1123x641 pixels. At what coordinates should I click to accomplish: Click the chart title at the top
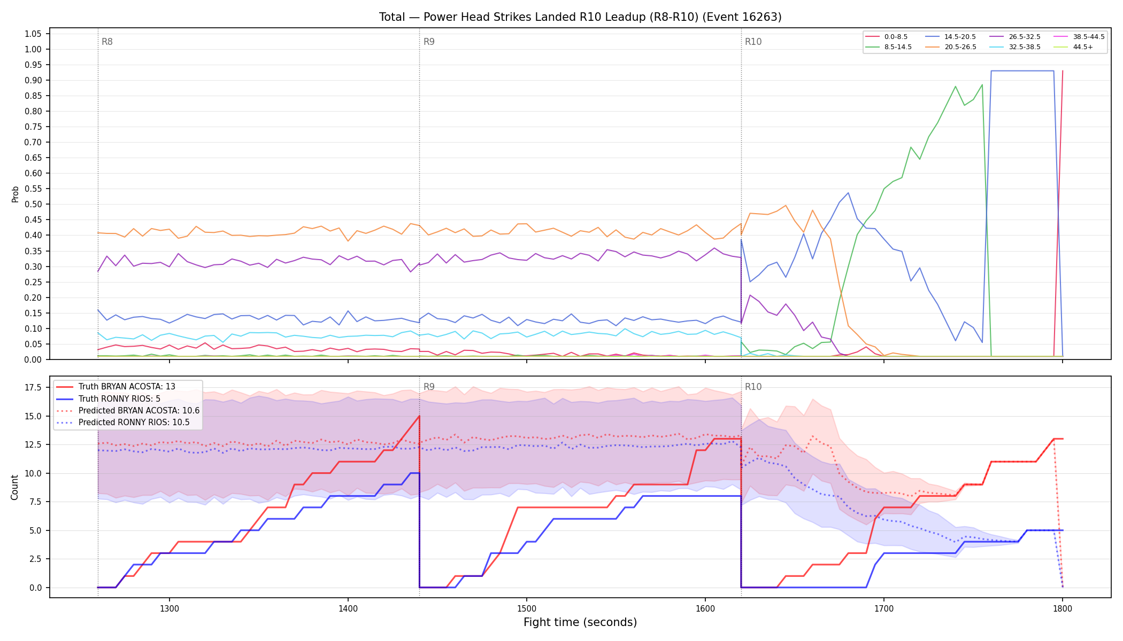click(x=580, y=17)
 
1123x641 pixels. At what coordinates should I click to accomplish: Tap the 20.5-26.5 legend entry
click(x=951, y=47)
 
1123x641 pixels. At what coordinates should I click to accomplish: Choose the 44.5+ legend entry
click(x=1073, y=47)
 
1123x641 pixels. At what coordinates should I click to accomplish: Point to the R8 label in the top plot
click(x=107, y=42)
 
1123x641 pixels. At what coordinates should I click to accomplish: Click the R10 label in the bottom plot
click(x=753, y=387)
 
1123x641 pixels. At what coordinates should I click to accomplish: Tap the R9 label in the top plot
click(x=429, y=42)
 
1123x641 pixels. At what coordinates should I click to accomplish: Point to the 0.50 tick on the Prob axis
click(x=33, y=205)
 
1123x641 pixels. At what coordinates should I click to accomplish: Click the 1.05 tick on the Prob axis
click(x=33, y=34)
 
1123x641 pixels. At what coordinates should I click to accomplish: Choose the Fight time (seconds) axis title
click(x=580, y=622)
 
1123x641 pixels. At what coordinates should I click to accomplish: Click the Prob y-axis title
click(x=15, y=194)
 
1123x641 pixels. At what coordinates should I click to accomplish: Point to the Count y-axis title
click(x=14, y=487)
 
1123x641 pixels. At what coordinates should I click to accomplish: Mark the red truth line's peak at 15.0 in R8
click(x=419, y=416)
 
